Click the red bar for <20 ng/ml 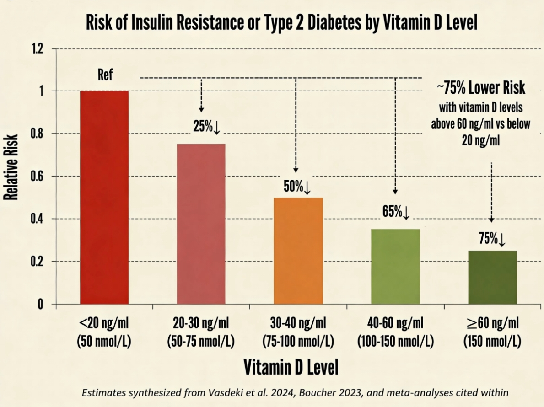click(x=104, y=197)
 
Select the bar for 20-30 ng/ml click(x=201, y=224)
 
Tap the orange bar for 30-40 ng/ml click(x=298, y=251)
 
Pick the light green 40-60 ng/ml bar click(x=395, y=266)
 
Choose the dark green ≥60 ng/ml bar click(x=492, y=277)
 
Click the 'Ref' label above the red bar click(x=105, y=75)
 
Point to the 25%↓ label click(x=207, y=127)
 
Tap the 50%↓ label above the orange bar click(x=297, y=187)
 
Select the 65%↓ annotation click(x=396, y=212)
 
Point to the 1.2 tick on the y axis click(x=38, y=48)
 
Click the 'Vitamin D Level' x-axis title click(x=291, y=366)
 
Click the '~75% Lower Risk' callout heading click(x=480, y=89)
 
